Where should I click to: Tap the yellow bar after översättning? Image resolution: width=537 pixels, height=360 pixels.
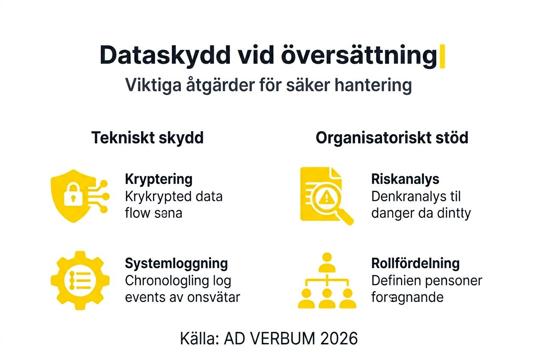pos(442,56)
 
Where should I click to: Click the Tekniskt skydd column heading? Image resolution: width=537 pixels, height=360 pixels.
pos(147,138)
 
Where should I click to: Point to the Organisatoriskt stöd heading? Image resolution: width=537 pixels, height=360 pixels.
pos(392,138)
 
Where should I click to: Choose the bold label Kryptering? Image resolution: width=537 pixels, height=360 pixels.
pos(158,179)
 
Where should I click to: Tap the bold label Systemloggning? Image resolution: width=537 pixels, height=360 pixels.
pos(176,263)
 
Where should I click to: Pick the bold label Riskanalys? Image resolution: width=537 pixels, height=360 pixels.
pos(405,179)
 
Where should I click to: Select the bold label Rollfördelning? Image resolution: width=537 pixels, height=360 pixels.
pos(415,263)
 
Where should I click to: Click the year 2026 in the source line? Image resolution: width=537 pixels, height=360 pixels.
pos(339,338)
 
